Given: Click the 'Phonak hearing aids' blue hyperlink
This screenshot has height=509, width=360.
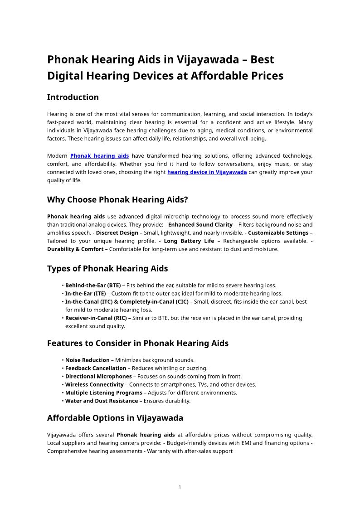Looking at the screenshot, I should tap(99, 156).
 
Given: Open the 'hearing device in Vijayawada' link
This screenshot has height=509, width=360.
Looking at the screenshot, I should tap(207, 172).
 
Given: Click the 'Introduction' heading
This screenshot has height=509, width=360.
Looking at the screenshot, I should tap(73, 97).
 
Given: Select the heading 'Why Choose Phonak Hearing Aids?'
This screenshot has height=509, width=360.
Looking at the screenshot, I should tap(117, 200).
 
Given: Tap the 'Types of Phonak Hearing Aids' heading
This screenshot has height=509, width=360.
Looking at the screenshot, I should tap(107, 269).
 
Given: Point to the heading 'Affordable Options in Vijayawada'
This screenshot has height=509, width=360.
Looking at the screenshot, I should tap(115, 418).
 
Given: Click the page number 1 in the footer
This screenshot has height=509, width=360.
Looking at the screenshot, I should tap(180, 487).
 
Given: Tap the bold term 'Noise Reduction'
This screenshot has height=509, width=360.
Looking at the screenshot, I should tap(88, 360).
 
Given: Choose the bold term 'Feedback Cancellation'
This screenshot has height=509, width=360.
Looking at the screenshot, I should tap(96, 368).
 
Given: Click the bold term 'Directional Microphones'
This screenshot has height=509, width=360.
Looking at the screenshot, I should tap(98, 377).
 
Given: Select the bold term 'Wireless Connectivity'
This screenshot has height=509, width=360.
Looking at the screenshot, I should tap(94, 385).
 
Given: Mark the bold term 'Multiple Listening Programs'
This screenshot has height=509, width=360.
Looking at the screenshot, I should tap(104, 393).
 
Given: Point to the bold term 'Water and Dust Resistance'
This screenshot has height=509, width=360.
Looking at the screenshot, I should tap(102, 401).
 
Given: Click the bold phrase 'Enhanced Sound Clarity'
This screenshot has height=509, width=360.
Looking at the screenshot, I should tap(200, 225).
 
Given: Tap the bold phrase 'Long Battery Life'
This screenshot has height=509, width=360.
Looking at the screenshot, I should tap(189, 241).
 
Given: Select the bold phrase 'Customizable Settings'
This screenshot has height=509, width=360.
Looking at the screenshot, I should tap(278, 233).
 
